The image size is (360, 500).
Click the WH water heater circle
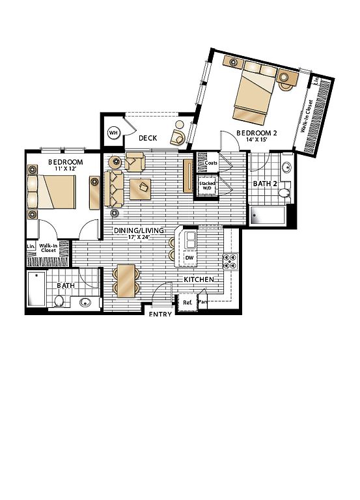coord(113,132)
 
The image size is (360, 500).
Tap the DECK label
coord(148,138)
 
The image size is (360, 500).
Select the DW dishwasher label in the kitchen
coord(189,258)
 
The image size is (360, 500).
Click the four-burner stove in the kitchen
coord(230,262)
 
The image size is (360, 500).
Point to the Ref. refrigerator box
coord(187,302)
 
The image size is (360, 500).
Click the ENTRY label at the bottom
coord(160,314)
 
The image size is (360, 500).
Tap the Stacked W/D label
coord(207,186)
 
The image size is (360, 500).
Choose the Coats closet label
coord(211,163)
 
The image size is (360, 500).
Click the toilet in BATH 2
coord(284,193)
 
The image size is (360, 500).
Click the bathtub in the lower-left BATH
coord(36,288)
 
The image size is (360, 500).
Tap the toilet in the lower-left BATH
coord(59,301)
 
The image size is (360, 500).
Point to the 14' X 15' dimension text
coord(256,139)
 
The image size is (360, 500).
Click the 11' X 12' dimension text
coord(66,169)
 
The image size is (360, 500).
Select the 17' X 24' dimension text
coord(139,237)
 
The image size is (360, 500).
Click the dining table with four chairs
coord(126,281)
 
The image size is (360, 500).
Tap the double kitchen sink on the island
coord(190,240)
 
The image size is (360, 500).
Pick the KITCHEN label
coord(199,280)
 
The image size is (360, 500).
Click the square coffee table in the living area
coord(141,189)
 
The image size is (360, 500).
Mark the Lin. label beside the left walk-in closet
coord(31,246)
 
